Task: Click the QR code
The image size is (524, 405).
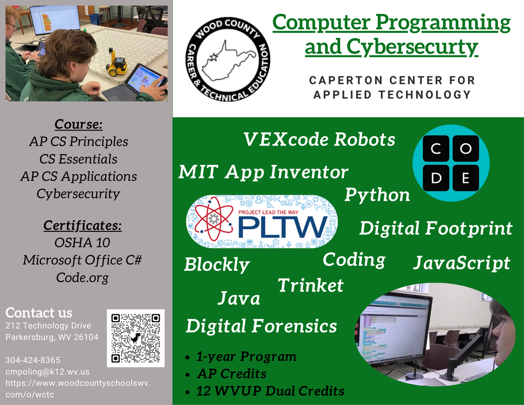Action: click(x=136, y=338)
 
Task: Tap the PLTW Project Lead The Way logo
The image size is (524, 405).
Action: click(x=261, y=222)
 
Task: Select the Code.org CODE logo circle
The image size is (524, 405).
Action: click(x=451, y=163)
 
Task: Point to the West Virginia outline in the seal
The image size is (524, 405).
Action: click(x=228, y=60)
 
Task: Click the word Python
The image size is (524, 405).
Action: click(x=377, y=195)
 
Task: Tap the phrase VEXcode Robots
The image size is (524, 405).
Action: click(x=319, y=139)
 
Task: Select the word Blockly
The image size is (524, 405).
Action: click(x=216, y=265)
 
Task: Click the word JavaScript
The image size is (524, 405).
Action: click(x=462, y=263)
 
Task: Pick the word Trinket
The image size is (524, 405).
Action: click(x=310, y=285)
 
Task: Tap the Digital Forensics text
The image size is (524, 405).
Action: click(x=261, y=326)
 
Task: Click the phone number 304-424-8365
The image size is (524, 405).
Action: click(x=33, y=360)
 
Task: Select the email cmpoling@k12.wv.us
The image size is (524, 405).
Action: click(x=48, y=372)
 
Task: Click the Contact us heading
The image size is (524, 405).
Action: click(x=39, y=313)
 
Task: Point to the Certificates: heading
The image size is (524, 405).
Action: click(x=82, y=225)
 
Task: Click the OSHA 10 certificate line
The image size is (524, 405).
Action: click(x=82, y=242)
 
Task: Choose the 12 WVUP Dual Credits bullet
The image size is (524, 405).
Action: click(x=270, y=391)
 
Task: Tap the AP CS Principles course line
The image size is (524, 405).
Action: click(x=78, y=141)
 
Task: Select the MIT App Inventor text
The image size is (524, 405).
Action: click(x=263, y=172)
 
